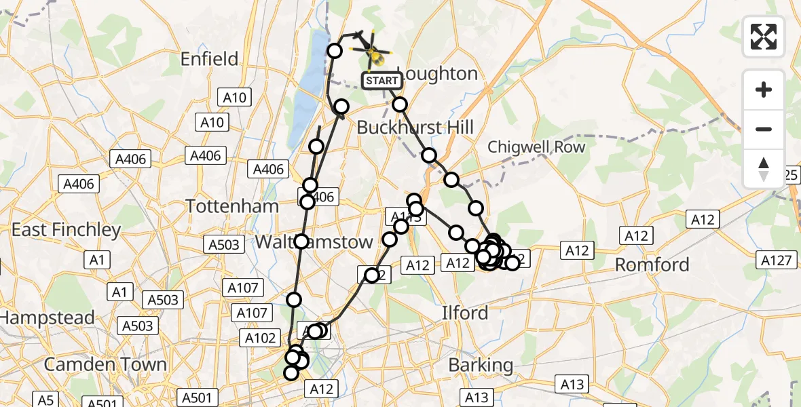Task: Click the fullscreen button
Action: click(x=764, y=36)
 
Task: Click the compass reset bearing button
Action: click(x=764, y=168)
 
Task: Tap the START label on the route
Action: click(x=381, y=81)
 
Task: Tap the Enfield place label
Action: click(x=210, y=59)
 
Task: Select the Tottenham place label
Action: click(x=232, y=206)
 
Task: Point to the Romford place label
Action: click(x=652, y=265)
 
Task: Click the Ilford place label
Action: click(x=465, y=313)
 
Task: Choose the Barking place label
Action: click(x=481, y=365)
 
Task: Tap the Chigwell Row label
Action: click(x=536, y=147)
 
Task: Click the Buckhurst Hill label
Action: click(x=415, y=128)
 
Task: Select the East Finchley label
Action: click(x=66, y=230)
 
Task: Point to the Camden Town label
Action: click(x=105, y=364)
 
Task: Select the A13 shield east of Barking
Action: click(x=572, y=385)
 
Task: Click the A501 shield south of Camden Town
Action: click(x=102, y=402)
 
